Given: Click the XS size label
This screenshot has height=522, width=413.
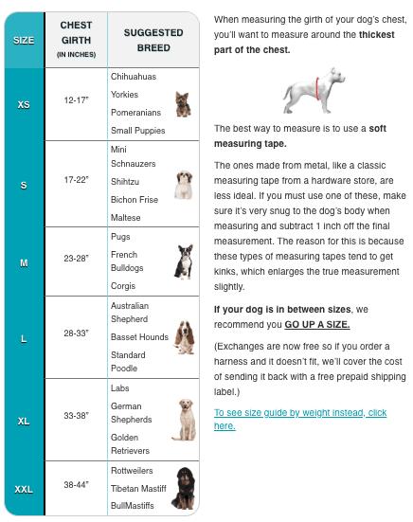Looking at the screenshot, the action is click(x=24, y=104).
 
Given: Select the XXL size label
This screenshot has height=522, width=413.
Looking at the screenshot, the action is click(x=24, y=489).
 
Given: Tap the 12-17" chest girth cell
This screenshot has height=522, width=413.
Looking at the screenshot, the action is click(x=76, y=99).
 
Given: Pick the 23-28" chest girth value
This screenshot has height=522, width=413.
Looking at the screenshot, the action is click(x=76, y=258).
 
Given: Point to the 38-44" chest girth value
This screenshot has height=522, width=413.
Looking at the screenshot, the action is click(x=76, y=484).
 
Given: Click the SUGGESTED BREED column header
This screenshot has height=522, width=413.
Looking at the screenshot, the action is click(x=153, y=40).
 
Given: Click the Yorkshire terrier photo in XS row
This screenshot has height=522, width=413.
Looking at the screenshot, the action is click(x=182, y=104).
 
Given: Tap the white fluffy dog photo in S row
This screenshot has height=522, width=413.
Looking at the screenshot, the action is click(x=183, y=183).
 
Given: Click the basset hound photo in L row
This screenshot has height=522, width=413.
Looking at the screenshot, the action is click(x=183, y=338).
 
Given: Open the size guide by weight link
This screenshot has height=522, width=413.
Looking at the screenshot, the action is click(x=300, y=419).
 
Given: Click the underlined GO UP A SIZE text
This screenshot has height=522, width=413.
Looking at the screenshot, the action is click(x=316, y=324).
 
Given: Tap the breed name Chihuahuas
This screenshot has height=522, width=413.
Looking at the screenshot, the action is click(x=134, y=76).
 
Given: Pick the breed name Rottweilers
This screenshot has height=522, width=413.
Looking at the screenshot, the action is click(x=135, y=470).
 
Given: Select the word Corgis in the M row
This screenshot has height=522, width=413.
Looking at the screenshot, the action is click(x=124, y=286).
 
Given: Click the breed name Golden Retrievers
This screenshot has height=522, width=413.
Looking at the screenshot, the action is click(x=130, y=443).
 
